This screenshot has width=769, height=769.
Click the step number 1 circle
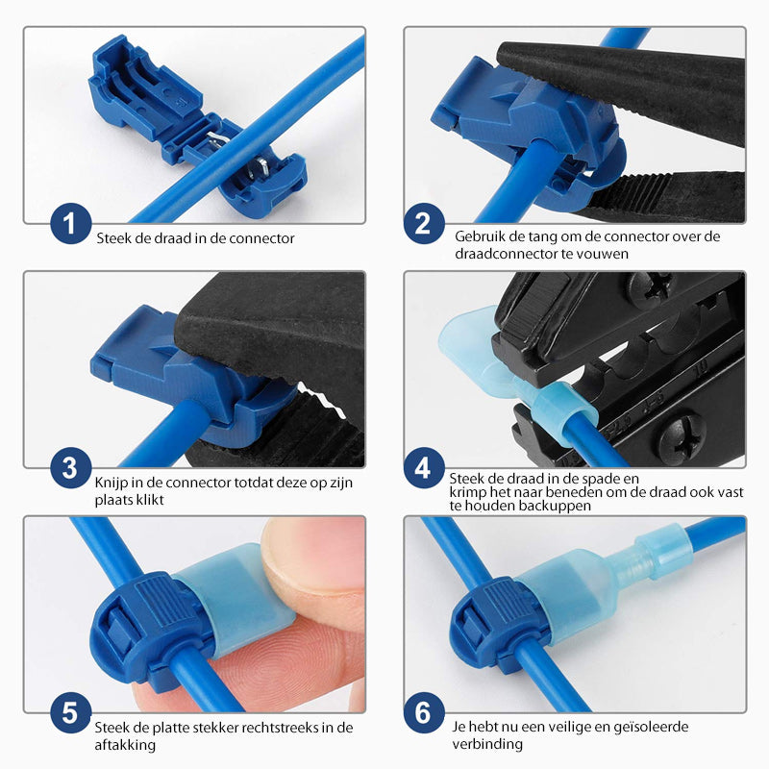click(x=69, y=225)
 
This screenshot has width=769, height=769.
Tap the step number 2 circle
click(x=423, y=225)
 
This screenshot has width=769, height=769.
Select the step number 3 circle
click(x=69, y=468)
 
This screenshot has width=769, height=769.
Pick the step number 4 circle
click(x=423, y=468)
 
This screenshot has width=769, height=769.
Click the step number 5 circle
click(x=69, y=713)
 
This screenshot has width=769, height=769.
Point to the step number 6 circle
click(x=423, y=713)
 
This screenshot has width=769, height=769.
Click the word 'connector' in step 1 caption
click(x=262, y=237)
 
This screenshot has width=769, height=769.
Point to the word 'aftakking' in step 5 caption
click(x=120, y=744)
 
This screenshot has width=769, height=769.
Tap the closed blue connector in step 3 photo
click(x=183, y=370)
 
